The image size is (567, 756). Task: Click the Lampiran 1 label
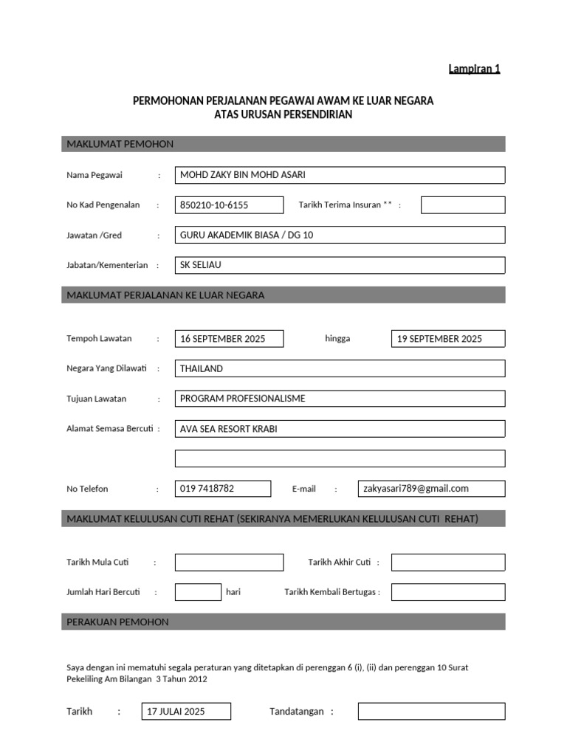pos(474,69)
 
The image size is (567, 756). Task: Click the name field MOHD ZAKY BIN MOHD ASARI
pos(340,175)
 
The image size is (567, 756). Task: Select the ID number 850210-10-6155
pos(229,205)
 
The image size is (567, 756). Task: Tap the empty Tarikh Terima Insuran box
pos(463,205)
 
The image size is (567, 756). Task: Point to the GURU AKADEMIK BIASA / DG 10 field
pos(340,235)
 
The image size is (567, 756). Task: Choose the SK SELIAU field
pos(340,265)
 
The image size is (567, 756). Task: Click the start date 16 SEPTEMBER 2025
pos(229,339)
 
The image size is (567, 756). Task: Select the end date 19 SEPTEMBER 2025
pos(448,339)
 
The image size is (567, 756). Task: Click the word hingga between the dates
pos(337,339)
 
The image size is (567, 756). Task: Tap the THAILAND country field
pos(340,368)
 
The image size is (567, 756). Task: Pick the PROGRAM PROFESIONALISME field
pos(340,399)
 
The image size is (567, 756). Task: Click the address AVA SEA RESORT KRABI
pos(340,429)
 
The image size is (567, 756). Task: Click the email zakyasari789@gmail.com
pos(431,489)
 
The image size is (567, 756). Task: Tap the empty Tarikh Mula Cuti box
pos(229,563)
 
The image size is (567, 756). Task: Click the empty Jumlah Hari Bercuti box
pos(198,592)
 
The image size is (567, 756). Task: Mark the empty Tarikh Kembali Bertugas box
pos(448,592)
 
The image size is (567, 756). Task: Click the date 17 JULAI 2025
pos(185,712)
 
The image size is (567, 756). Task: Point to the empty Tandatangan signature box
pos(431,712)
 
